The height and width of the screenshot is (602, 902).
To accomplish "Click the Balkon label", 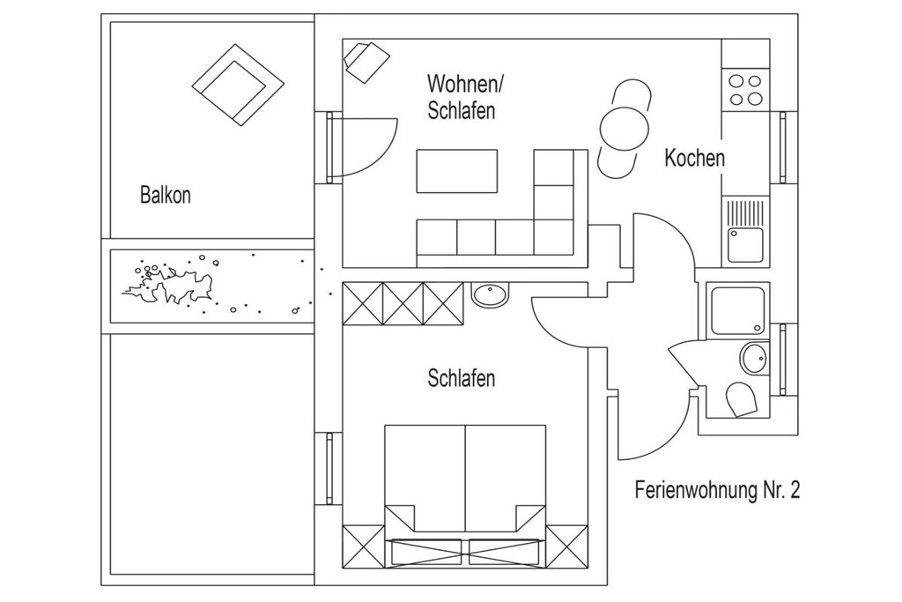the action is pyautogui.click(x=165, y=195).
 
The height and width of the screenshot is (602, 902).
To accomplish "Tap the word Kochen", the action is pyautogui.click(x=694, y=158).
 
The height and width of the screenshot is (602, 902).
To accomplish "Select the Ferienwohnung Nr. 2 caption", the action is pyautogui.click(x=717, y=490).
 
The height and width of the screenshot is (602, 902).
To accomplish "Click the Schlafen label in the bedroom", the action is pyautogui.click(x=462, y=378).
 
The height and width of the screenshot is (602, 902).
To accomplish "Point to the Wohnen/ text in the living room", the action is pyautogui.click(x=465, y=84).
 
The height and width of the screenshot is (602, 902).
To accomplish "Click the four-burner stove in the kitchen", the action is pyautogui.click(x=745, y=90).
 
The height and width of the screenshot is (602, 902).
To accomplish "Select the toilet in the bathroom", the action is pyautogui.click(x=742, y=399).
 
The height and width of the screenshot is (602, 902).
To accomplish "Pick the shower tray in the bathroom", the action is pyautogui.click(x=738, y=310).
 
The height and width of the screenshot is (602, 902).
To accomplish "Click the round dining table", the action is pyautogui.click(x=625, y=129).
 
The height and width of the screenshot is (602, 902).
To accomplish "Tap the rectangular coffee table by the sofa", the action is pyautogui.click(x=457, y=171).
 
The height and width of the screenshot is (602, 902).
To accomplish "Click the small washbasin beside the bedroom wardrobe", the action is pyautogui.click(x=490, y=294).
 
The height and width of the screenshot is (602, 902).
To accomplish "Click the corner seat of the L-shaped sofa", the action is pyautogui.click(x=553, y=236).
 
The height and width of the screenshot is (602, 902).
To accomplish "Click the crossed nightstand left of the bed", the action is pyautogui.click(x=363, y=546).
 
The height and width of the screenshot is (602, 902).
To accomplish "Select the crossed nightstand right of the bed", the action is pyautogui.click(x=566, y=546).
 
